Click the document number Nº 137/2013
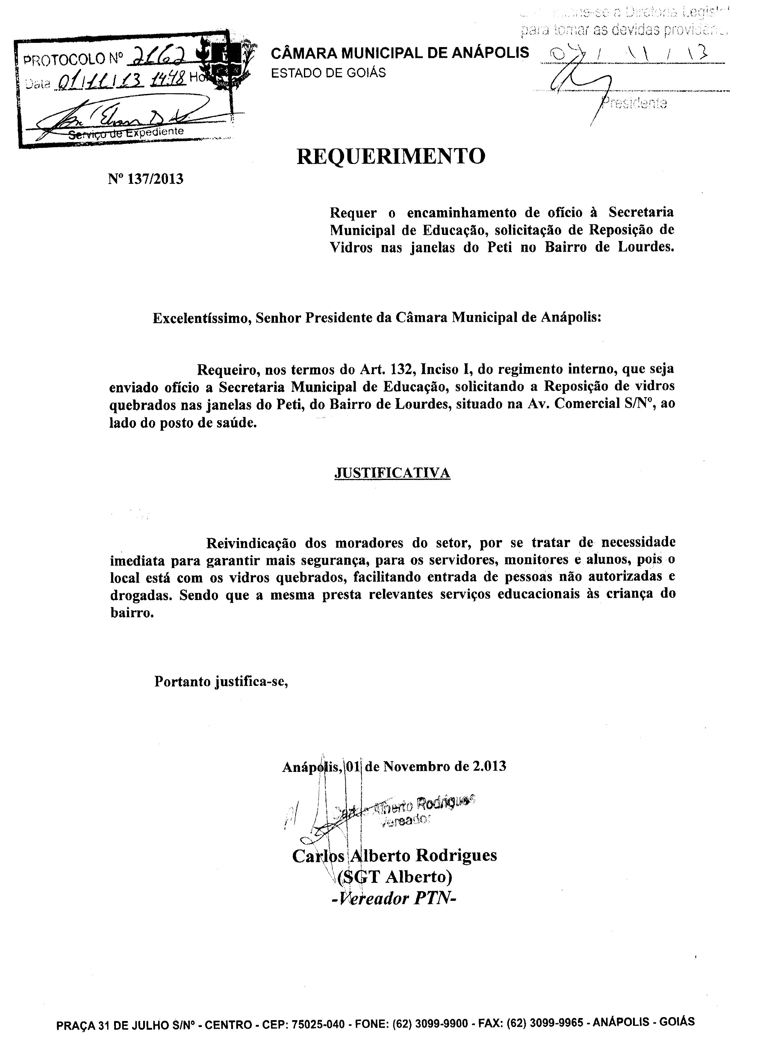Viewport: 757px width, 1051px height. [146, 179]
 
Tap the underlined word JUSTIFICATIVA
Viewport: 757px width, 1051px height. [392, 473]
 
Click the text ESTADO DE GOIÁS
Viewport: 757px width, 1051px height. [328, 73]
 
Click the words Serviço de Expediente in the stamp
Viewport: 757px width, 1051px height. [126, 133]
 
